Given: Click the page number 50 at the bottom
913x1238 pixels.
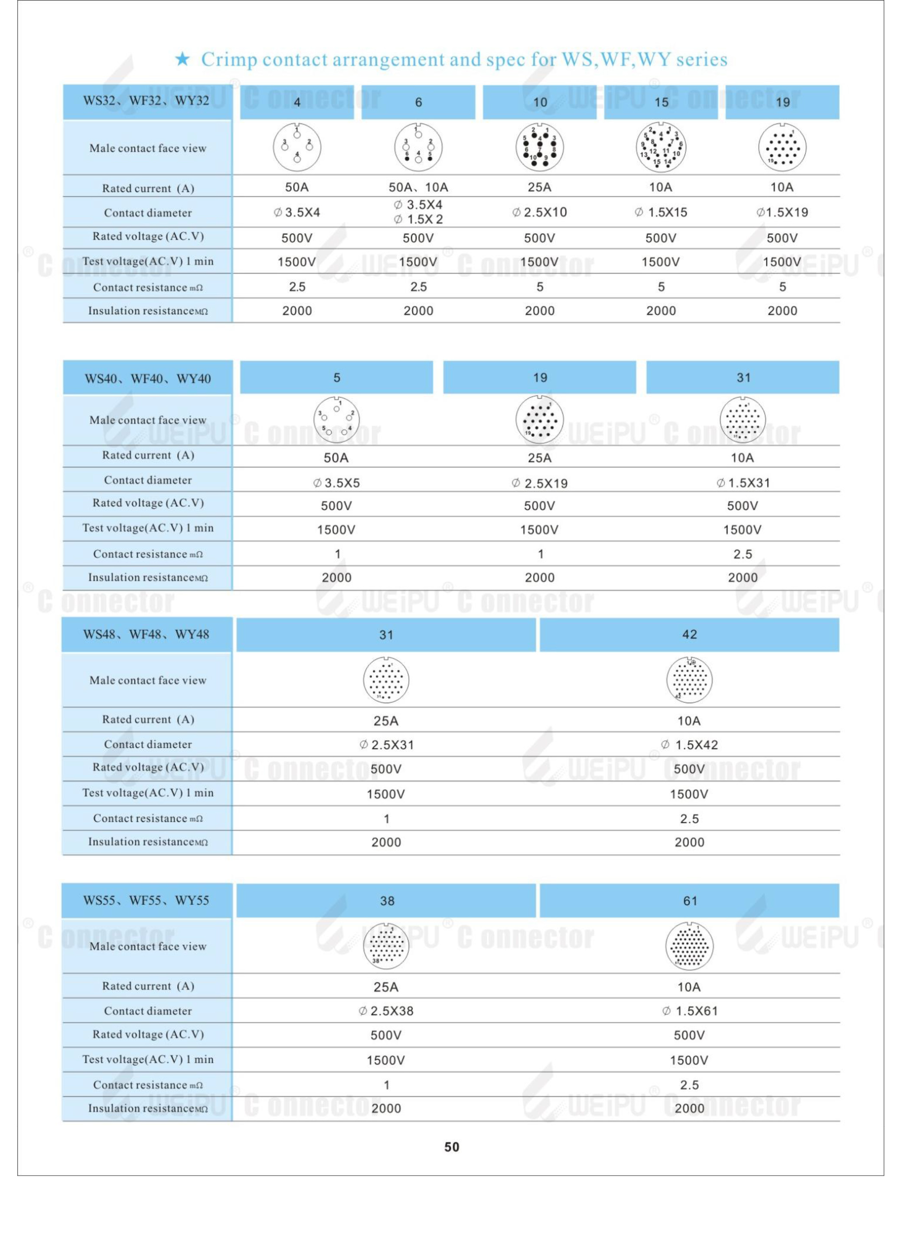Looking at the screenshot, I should [452, 1147].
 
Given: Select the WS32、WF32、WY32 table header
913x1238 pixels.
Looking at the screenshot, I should [147, 101].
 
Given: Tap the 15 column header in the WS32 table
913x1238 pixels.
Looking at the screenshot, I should [661, 102].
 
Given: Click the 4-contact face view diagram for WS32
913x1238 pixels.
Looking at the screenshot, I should [297, 147].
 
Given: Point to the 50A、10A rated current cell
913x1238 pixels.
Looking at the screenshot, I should [418, 187].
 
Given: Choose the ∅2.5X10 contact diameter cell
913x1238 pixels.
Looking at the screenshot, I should [539, 212].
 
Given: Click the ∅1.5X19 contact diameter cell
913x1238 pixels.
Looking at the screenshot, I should [782, 212].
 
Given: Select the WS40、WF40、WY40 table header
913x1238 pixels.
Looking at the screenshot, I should [147, 378].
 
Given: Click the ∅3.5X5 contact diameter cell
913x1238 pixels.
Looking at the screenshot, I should [336, 483].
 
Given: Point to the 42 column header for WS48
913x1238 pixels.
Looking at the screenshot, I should [689, 635].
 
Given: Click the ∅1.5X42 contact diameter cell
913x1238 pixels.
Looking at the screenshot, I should [689, 745].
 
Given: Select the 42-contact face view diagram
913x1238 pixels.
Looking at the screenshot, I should [689, 680].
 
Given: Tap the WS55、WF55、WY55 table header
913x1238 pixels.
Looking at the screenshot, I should [147, 900].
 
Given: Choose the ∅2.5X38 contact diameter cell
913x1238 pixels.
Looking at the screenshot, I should [386, 1011].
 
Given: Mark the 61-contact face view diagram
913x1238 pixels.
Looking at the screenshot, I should [689, 946].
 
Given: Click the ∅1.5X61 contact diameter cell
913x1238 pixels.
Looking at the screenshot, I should [689, 1011].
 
